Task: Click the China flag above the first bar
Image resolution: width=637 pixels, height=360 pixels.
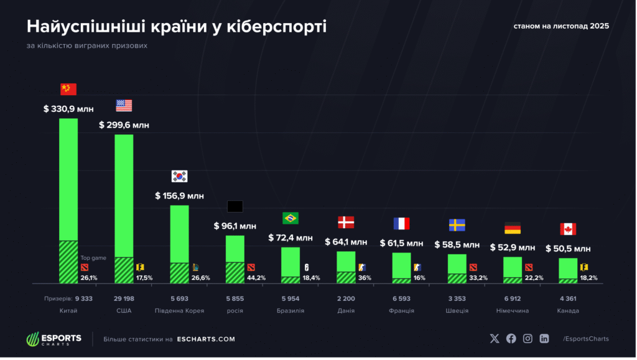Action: coord(68,89)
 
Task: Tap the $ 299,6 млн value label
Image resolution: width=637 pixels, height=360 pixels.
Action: coord(124,125)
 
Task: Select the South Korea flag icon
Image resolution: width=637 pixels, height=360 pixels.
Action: coord(179,176)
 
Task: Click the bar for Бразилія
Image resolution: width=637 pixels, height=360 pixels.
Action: coord(291,265)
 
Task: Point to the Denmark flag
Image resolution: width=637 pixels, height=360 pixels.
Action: coord(346,222)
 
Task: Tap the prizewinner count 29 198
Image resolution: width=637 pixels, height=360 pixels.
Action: coord(124,299)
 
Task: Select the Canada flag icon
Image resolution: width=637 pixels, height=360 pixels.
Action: coord(568,229)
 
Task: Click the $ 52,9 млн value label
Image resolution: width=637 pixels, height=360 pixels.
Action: coord(513,247)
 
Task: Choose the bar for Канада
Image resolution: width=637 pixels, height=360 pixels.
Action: coord(568,271)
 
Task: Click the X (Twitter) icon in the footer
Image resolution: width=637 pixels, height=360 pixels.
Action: coord(495,339)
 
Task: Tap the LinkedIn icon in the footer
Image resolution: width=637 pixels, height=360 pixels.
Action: coord(544,339)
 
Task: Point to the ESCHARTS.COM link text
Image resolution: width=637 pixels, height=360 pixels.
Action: coord(205,339)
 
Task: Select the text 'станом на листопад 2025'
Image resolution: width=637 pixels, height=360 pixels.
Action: coord(560,27)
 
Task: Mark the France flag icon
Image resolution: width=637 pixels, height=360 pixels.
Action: coord(401,224)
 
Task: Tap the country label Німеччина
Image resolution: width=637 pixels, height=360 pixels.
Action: coord(513,310)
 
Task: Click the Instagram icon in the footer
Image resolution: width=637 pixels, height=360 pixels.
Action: coord(528,339)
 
